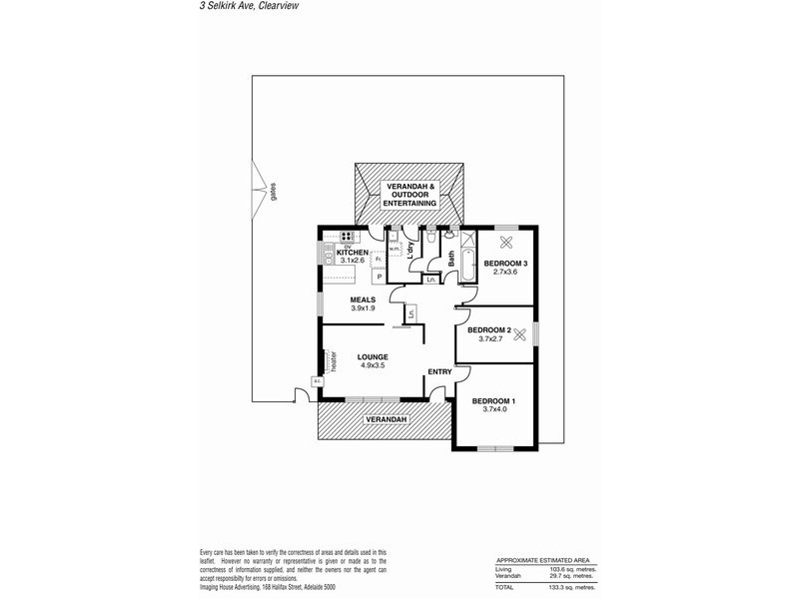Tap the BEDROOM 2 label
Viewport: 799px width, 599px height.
[489, 330]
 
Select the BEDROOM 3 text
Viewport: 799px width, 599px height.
[504, 264]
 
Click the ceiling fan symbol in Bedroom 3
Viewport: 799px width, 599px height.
[505, 242]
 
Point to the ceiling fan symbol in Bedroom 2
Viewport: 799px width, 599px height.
[519, 335]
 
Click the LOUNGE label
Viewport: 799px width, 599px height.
[374, 357]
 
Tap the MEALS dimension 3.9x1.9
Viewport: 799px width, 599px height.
[363, 308]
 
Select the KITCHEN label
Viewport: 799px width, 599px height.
[353, 253]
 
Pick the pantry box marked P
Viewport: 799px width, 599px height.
[380, 277]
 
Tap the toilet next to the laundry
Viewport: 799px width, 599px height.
[429, 240]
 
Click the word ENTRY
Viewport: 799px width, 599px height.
[439, 372]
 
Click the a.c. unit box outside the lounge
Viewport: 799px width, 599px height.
[317, 380]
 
